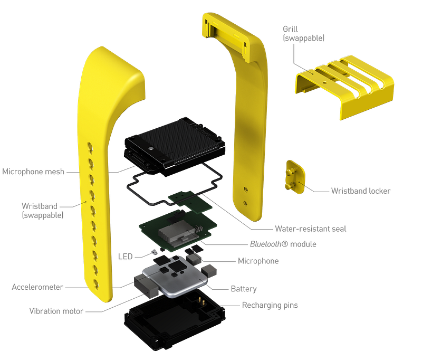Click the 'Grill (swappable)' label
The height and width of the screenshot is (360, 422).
click(304, 34)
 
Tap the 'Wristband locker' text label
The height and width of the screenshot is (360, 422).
click(361, 191)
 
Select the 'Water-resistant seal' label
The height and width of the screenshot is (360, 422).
click(311, 229)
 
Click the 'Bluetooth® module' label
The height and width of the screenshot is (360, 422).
click(283, 244)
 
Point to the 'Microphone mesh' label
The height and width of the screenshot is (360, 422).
click(33, 172)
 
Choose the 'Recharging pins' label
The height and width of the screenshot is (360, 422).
click(270, 305)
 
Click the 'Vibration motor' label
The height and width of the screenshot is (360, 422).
click(56, 311)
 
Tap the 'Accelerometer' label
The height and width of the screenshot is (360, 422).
click(37, 287)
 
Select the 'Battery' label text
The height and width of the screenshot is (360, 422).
click(244, 289)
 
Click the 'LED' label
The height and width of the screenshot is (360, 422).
click(126, 257)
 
